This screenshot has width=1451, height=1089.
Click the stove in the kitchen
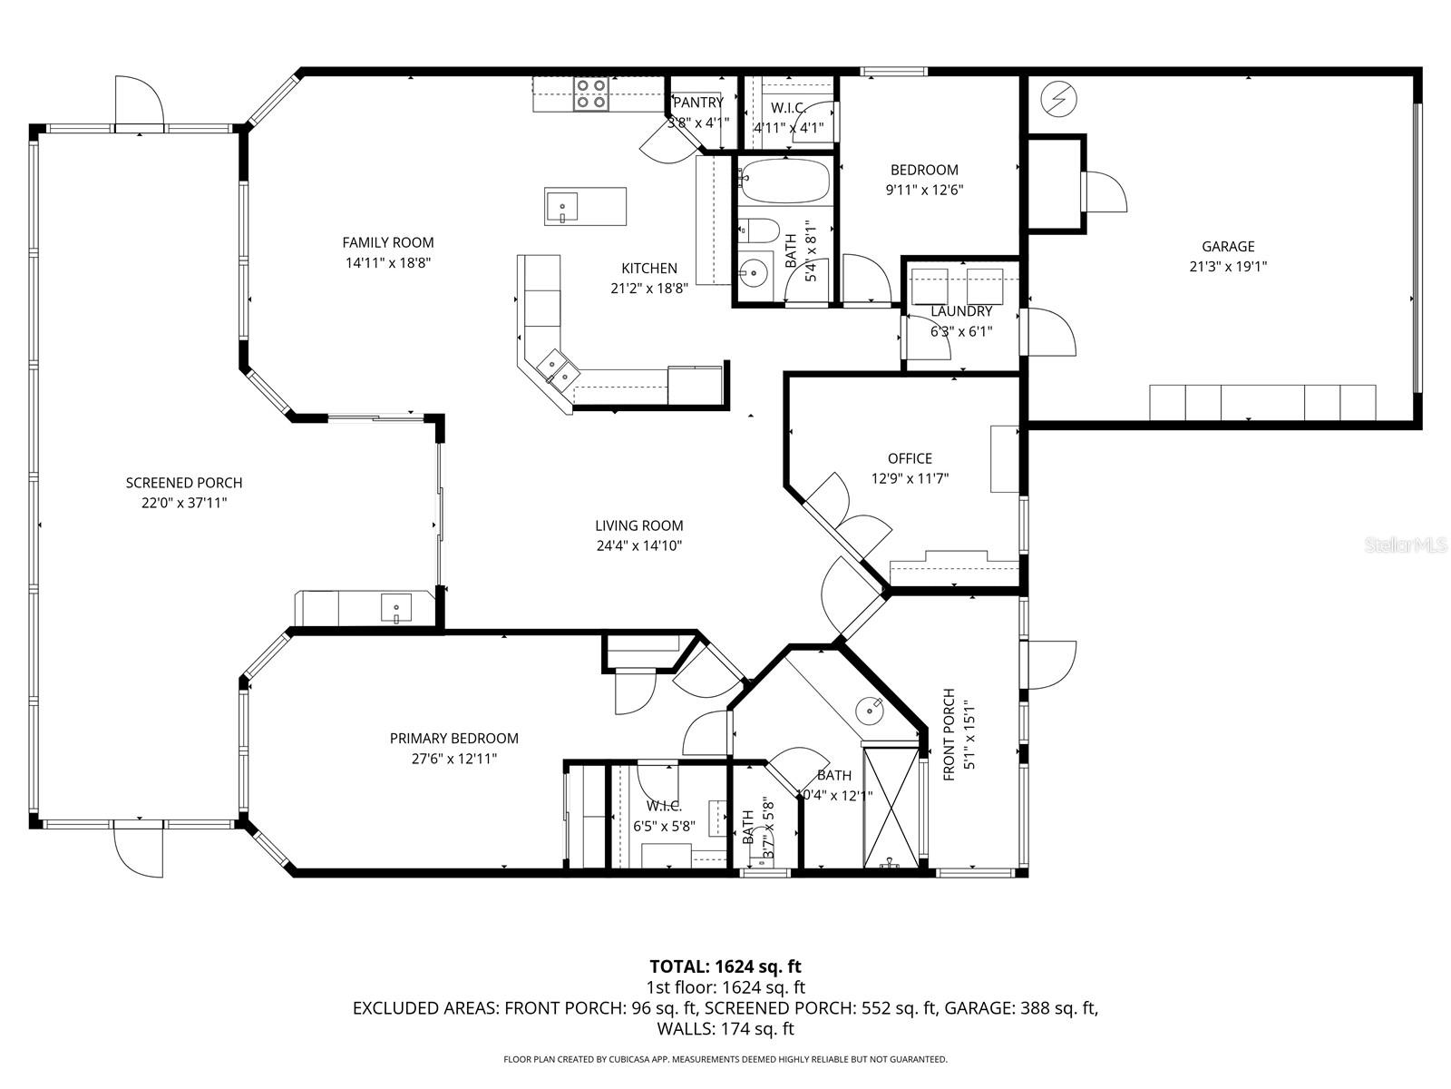click(x=590, y=93)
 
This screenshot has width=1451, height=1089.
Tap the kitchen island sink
click(x=562, y=208)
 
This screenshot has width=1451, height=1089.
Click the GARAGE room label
click(x=1228, y=246)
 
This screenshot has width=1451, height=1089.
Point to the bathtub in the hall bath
click(x=784, y=182)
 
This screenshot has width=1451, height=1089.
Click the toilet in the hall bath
click(x=758, y=231)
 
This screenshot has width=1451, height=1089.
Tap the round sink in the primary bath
click(x=871, y=709)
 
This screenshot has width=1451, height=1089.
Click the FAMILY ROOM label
click(x=387, y=242)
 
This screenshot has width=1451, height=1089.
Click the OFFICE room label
click(x=910, y=458)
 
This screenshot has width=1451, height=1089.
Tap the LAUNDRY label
click(x=961, y=311)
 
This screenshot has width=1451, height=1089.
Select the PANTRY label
click(x=697, y=103)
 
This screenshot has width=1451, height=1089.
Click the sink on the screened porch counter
click(x=396, y=607)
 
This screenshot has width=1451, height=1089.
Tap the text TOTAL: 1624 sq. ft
click(x=725, y=966)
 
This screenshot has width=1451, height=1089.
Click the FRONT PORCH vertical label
click(x=949, y=735)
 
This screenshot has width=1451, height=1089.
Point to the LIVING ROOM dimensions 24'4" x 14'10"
click(x=638, y=545)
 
